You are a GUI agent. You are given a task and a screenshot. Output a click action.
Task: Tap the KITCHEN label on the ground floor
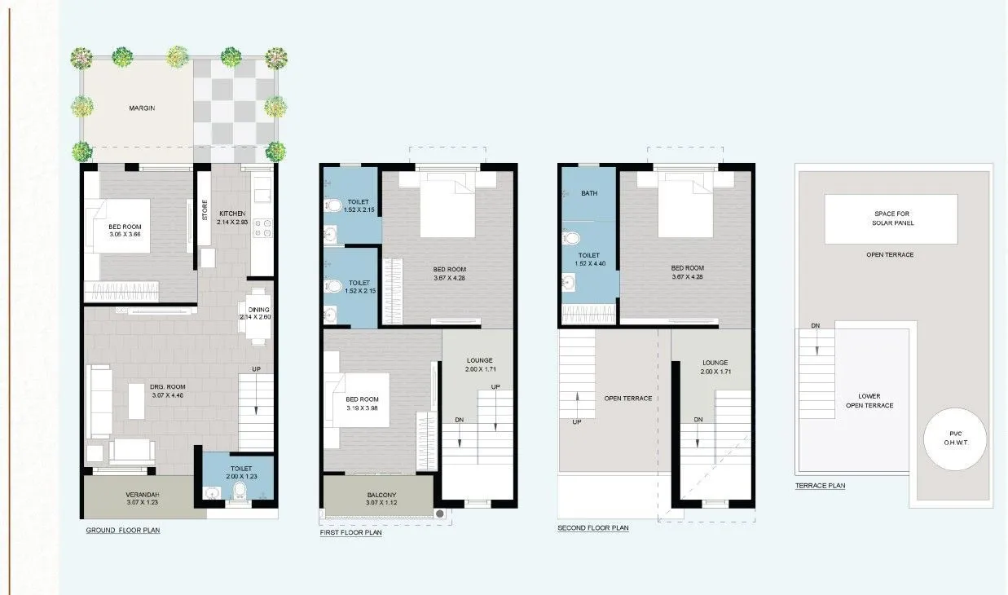coord(231,214)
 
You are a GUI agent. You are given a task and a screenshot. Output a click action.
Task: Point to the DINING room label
coord(259,310)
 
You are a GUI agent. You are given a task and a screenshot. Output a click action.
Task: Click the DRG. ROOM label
coord(168,387)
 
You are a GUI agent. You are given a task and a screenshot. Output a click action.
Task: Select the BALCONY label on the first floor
coord(381,495)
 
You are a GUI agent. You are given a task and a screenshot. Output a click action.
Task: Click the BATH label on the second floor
coord(589,194)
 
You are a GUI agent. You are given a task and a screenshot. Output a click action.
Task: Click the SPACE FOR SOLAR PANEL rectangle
coord(890,218)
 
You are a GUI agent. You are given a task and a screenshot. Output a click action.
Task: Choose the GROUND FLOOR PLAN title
coord(123,531)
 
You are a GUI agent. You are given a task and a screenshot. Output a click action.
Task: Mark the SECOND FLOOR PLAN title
coord(592,528)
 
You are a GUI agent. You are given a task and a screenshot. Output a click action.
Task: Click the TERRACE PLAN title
coord(820,486)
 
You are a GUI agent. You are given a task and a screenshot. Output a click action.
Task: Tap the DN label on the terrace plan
coord(815,326)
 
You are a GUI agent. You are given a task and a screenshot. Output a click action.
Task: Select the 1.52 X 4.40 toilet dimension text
coord(589,264)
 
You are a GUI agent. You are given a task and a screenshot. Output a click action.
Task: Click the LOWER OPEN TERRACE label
coord(869,401)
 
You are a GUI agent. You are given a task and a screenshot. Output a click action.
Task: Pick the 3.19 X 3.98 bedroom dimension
coord(362,408)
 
